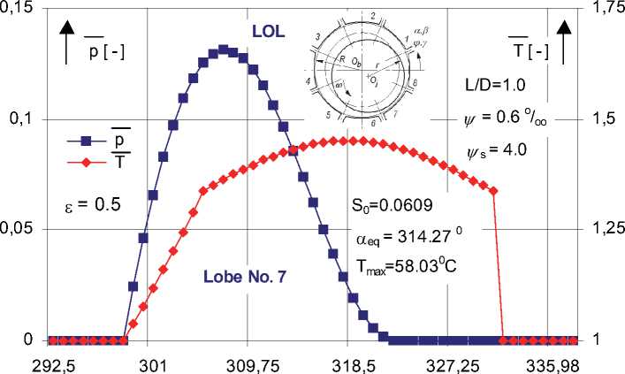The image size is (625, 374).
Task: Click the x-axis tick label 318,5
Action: pos(347,363)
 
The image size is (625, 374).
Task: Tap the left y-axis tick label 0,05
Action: pos(20,230)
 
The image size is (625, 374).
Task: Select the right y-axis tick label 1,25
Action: pos(606,230)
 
